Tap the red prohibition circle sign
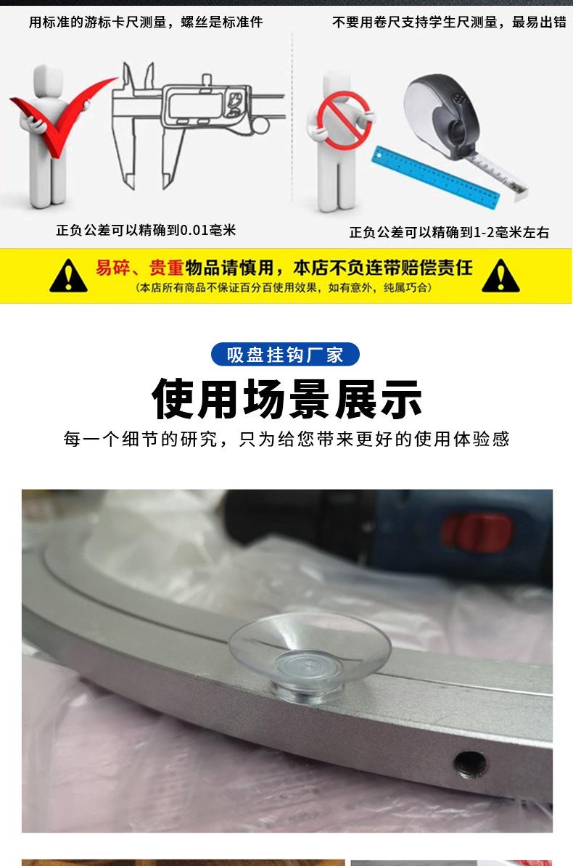(x=343, y=120)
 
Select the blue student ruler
(x=435, y=177)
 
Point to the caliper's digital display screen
(x=196, y=103)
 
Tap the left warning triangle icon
(x=68, y=276)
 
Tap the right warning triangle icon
(x=500, y=276)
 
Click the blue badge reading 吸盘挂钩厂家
(x=285, y=355)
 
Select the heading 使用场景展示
(x=286, y=399)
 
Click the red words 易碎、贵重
(x=139, y=268)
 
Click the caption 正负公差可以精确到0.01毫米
(x=146, y=230)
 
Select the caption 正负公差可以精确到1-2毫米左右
(x=449, y=233)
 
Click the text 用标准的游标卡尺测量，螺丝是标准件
(x=146, y=22)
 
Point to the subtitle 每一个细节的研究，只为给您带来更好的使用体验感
(x=286, y=439)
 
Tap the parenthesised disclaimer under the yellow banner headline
(x=284, y=288)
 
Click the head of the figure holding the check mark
(x=48, y=80)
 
